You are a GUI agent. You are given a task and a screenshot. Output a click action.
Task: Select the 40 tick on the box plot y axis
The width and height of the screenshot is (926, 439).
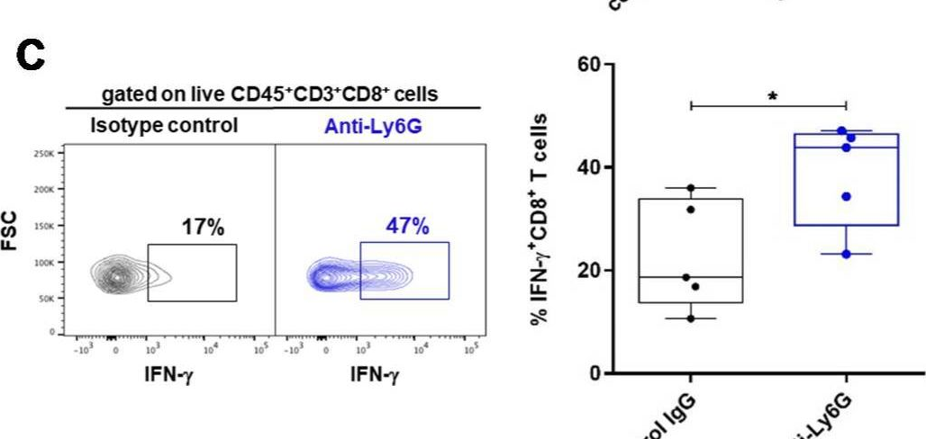[591, 167]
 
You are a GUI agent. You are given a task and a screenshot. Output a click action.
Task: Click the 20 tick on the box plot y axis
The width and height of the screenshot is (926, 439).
[591, 270]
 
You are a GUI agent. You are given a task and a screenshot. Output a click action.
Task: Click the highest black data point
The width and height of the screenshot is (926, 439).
[691, 188]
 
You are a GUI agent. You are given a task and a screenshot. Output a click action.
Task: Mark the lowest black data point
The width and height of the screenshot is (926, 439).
[691, 318]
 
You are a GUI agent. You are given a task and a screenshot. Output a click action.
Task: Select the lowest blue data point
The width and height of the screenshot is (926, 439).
[846, 254]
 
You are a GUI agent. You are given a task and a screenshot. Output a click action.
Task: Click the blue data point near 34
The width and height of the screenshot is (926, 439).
[846, 196]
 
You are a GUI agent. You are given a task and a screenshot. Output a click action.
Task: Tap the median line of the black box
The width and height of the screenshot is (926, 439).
[691, 277]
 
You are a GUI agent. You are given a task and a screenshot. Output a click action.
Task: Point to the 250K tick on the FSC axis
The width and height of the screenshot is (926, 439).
[48, 154]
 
